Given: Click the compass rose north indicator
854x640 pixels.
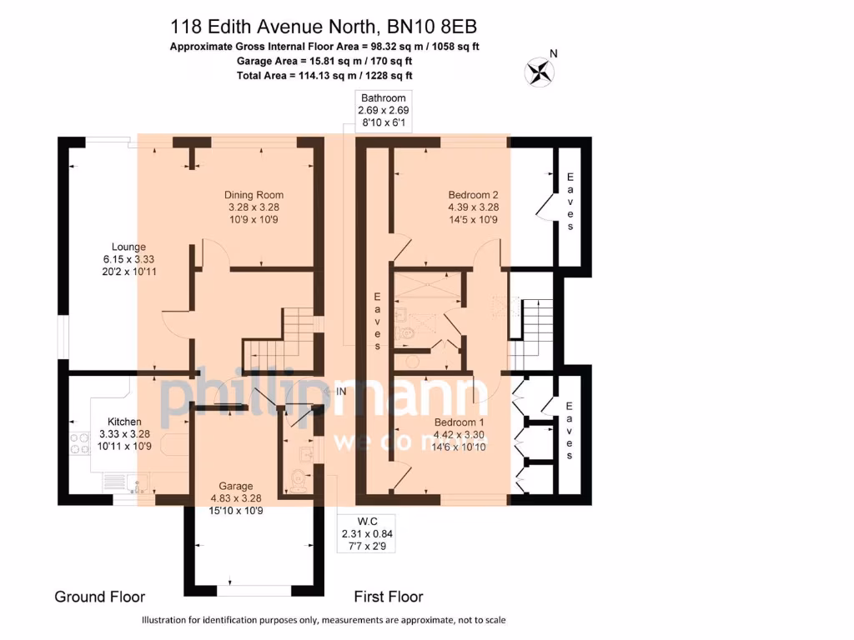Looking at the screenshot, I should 540,70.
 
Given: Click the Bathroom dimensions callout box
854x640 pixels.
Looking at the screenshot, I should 383,110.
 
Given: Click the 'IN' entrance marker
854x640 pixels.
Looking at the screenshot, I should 340,391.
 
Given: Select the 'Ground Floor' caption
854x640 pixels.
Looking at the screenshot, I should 99,597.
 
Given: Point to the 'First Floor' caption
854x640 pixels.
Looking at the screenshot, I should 388,597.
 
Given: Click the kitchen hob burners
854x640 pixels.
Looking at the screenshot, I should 80,443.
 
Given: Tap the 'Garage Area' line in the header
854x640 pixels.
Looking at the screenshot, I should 290,61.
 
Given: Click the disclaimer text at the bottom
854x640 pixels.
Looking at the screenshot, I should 324,620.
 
